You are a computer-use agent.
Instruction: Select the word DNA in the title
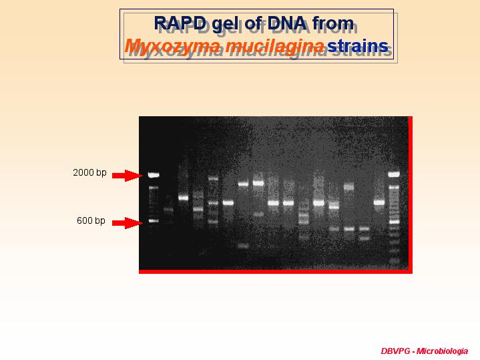(x=288, y=23)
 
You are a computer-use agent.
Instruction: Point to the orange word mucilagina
(x=274, y=47)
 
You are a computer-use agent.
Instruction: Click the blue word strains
(x=358, y=46)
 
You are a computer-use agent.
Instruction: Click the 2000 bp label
(x=89, y=172)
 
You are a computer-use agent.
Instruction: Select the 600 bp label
(x=91, y=220)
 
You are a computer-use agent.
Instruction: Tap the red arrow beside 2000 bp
(x=128, y=176)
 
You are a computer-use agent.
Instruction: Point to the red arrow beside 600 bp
(x=128, y=223)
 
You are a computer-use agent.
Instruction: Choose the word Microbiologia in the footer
(x=442, y=351)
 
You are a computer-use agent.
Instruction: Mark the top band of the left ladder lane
(x=154, y=175)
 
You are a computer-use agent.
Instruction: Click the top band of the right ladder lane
(x=394, y=174)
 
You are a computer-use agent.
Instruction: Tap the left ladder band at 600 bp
(x=154, y=220)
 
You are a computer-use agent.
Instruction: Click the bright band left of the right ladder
(x=379, y=202)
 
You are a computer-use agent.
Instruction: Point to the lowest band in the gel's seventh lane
(x=244, y=246)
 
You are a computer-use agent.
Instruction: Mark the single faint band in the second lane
(x=168, y=210)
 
